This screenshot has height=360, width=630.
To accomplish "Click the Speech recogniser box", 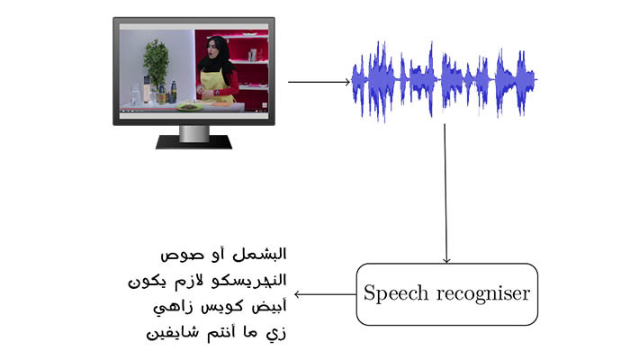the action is click(x=446, y=294).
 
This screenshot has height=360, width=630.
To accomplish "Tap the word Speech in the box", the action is click(x=396, y=293).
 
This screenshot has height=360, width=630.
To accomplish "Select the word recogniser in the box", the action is click(x=483, y=294).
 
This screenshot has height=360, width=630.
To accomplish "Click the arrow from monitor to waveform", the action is click(x=319, y=82).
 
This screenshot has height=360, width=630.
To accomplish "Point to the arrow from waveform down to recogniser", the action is click(x=445, y=193).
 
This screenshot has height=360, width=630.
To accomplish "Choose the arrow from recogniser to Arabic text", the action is click(x=326, y=294).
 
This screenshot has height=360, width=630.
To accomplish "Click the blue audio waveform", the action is click(x=444, y=80).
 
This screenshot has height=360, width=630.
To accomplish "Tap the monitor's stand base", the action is click(x=193, y=142).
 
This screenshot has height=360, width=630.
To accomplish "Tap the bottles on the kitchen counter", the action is click(x=157, y=93).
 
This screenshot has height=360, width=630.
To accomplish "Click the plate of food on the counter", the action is click(x=188, y=106).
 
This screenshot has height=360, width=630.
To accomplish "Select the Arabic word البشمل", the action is click(x=259, y=255).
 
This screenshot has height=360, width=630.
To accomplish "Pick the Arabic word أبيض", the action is click(x=269, y=307).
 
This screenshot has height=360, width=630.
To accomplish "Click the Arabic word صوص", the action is click(x=176, y=255).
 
